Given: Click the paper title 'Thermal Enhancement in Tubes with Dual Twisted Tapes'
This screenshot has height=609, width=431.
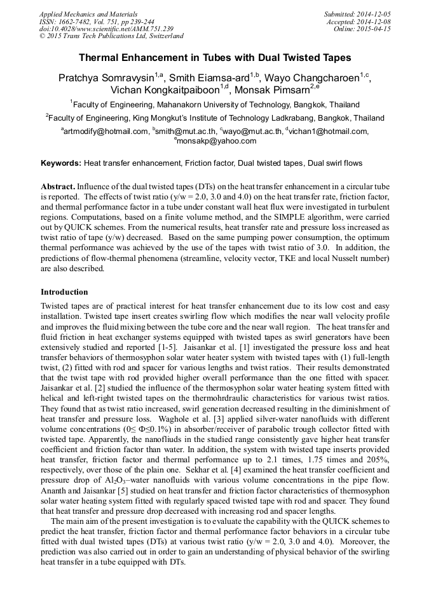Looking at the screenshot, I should tap(215, 57).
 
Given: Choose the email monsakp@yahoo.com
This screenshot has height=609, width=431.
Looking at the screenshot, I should tap(216, 141).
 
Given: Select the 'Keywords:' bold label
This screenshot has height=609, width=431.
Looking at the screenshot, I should tap(61, 163).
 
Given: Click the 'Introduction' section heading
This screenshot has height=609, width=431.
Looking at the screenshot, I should tap(64, 291).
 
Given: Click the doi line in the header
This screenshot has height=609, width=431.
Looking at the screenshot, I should tap(106, 29).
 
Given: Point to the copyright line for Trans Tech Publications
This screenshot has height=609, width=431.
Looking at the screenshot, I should tap(111, 36).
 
